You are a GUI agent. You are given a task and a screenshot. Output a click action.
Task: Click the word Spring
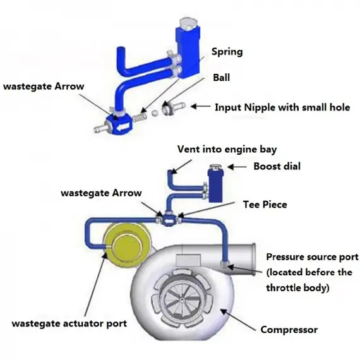(226, 52)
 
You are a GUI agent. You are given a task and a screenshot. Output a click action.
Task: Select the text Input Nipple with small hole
(283, 107)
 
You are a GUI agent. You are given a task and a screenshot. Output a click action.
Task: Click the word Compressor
(289, 329)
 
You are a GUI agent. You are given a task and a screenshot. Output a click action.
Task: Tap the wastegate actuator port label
(70, 323)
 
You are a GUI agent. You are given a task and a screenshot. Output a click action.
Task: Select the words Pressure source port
(312, 257)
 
